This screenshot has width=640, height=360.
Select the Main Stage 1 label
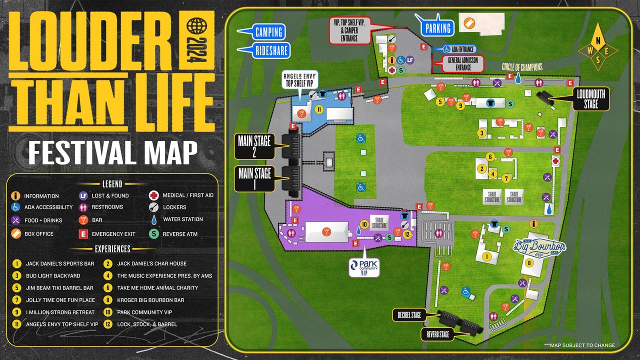tap(254, 178)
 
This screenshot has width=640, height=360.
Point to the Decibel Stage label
tap(409, 315)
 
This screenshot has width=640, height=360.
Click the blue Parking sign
tap(437, 28)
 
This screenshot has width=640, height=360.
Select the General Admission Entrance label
tap(462, 63)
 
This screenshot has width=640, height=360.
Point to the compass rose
tap(597, 48)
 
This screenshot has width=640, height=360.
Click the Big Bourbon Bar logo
tap(540, 246)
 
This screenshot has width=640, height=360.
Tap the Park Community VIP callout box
tap(364, 267)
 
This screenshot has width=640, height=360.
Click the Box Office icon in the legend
tap(16, 233)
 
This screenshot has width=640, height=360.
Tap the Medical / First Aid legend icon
tap(154, 195)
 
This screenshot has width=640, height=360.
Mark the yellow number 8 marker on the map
tap(528, 263)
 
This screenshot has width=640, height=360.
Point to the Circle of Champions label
tap(522, 67)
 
